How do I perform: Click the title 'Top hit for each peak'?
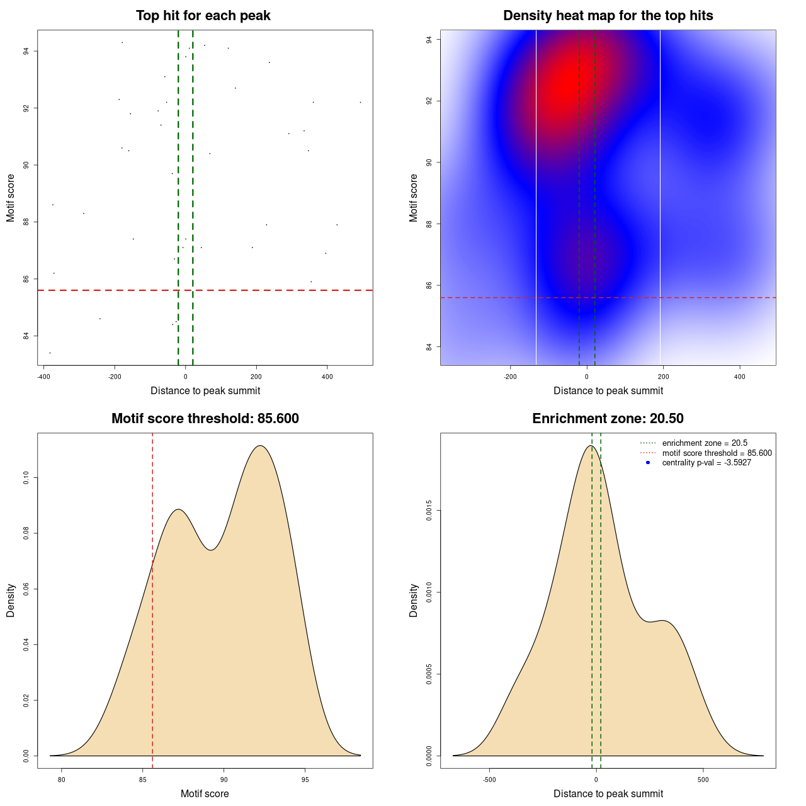[x=203, y=16]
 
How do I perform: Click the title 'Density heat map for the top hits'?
[x=608, y=16]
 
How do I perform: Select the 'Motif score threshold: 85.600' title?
[x=205, y=419]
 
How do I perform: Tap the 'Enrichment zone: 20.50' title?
[x=608, y=419]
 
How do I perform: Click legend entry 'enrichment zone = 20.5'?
[x=705, y=443]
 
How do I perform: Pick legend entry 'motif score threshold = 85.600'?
[x=717, y=453]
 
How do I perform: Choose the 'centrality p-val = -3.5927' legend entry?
[x=707, y=463]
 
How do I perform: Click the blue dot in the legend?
[x=648, y=463]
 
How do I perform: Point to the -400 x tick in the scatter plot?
[x=43, y=377]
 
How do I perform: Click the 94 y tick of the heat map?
[x=429, y=40]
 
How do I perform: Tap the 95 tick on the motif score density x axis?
[x=305, y=780]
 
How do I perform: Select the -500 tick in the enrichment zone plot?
[x=489, y=780]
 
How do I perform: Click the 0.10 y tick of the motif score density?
[x=26, y=478]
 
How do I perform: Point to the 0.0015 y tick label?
[x=429, y=511]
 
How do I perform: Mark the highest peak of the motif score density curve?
[x=260, y=446]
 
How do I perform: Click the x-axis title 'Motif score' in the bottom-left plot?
[x=205, y=794]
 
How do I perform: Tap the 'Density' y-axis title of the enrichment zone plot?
[x=414, y=600]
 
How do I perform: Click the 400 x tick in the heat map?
[x=740, y=377]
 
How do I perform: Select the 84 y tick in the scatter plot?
[x=26, y=336]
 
